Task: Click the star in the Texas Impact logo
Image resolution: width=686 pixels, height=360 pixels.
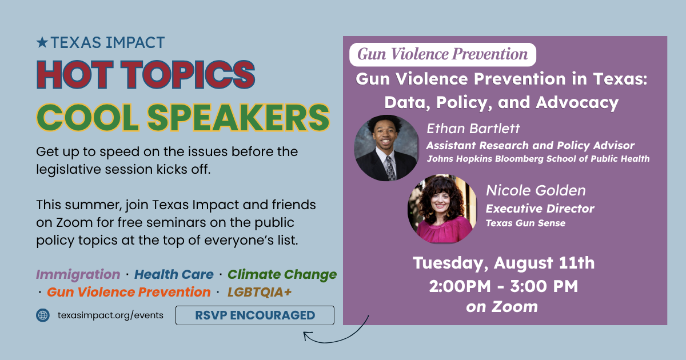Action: [x=42, y=42]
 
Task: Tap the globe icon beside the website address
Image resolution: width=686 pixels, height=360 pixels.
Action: [x=43, y=315]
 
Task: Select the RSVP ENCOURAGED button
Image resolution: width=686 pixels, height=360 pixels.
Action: [x=255, y=315]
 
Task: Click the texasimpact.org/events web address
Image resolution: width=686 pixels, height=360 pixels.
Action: [x=110, y=315]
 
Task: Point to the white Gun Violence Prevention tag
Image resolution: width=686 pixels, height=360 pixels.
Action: [x=442, y=54]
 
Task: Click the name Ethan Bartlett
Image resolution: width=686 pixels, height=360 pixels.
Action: [x=473, y=129]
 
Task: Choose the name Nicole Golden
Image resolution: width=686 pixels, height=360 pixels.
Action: [x=536, y=190]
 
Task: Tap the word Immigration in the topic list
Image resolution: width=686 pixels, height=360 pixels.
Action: [x=78, y=274]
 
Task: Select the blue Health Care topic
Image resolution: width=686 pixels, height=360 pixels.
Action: [x=174, y=274]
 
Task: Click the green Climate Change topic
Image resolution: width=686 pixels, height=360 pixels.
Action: [x=282, y=274]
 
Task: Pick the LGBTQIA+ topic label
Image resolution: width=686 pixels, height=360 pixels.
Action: [x=260, y=292]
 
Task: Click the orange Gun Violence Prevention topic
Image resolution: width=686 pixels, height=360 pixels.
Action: [x=129, y=292]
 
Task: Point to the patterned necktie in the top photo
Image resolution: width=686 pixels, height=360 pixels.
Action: [x=390, y=168]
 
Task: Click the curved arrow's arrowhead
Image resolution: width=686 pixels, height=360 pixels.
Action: [x=307, y=335]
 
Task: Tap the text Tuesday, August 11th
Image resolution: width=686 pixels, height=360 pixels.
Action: [x=504, y=263]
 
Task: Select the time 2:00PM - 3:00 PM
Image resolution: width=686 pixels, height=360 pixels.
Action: [x=504, y=286]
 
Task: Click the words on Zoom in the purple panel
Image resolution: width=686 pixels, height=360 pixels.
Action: [x=502, y=307]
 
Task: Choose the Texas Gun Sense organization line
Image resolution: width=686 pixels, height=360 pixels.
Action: [x=525, y=223]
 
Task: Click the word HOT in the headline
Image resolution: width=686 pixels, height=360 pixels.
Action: [x=75, y=74]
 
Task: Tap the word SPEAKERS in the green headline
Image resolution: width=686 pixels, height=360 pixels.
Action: [x=238, y=118]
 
